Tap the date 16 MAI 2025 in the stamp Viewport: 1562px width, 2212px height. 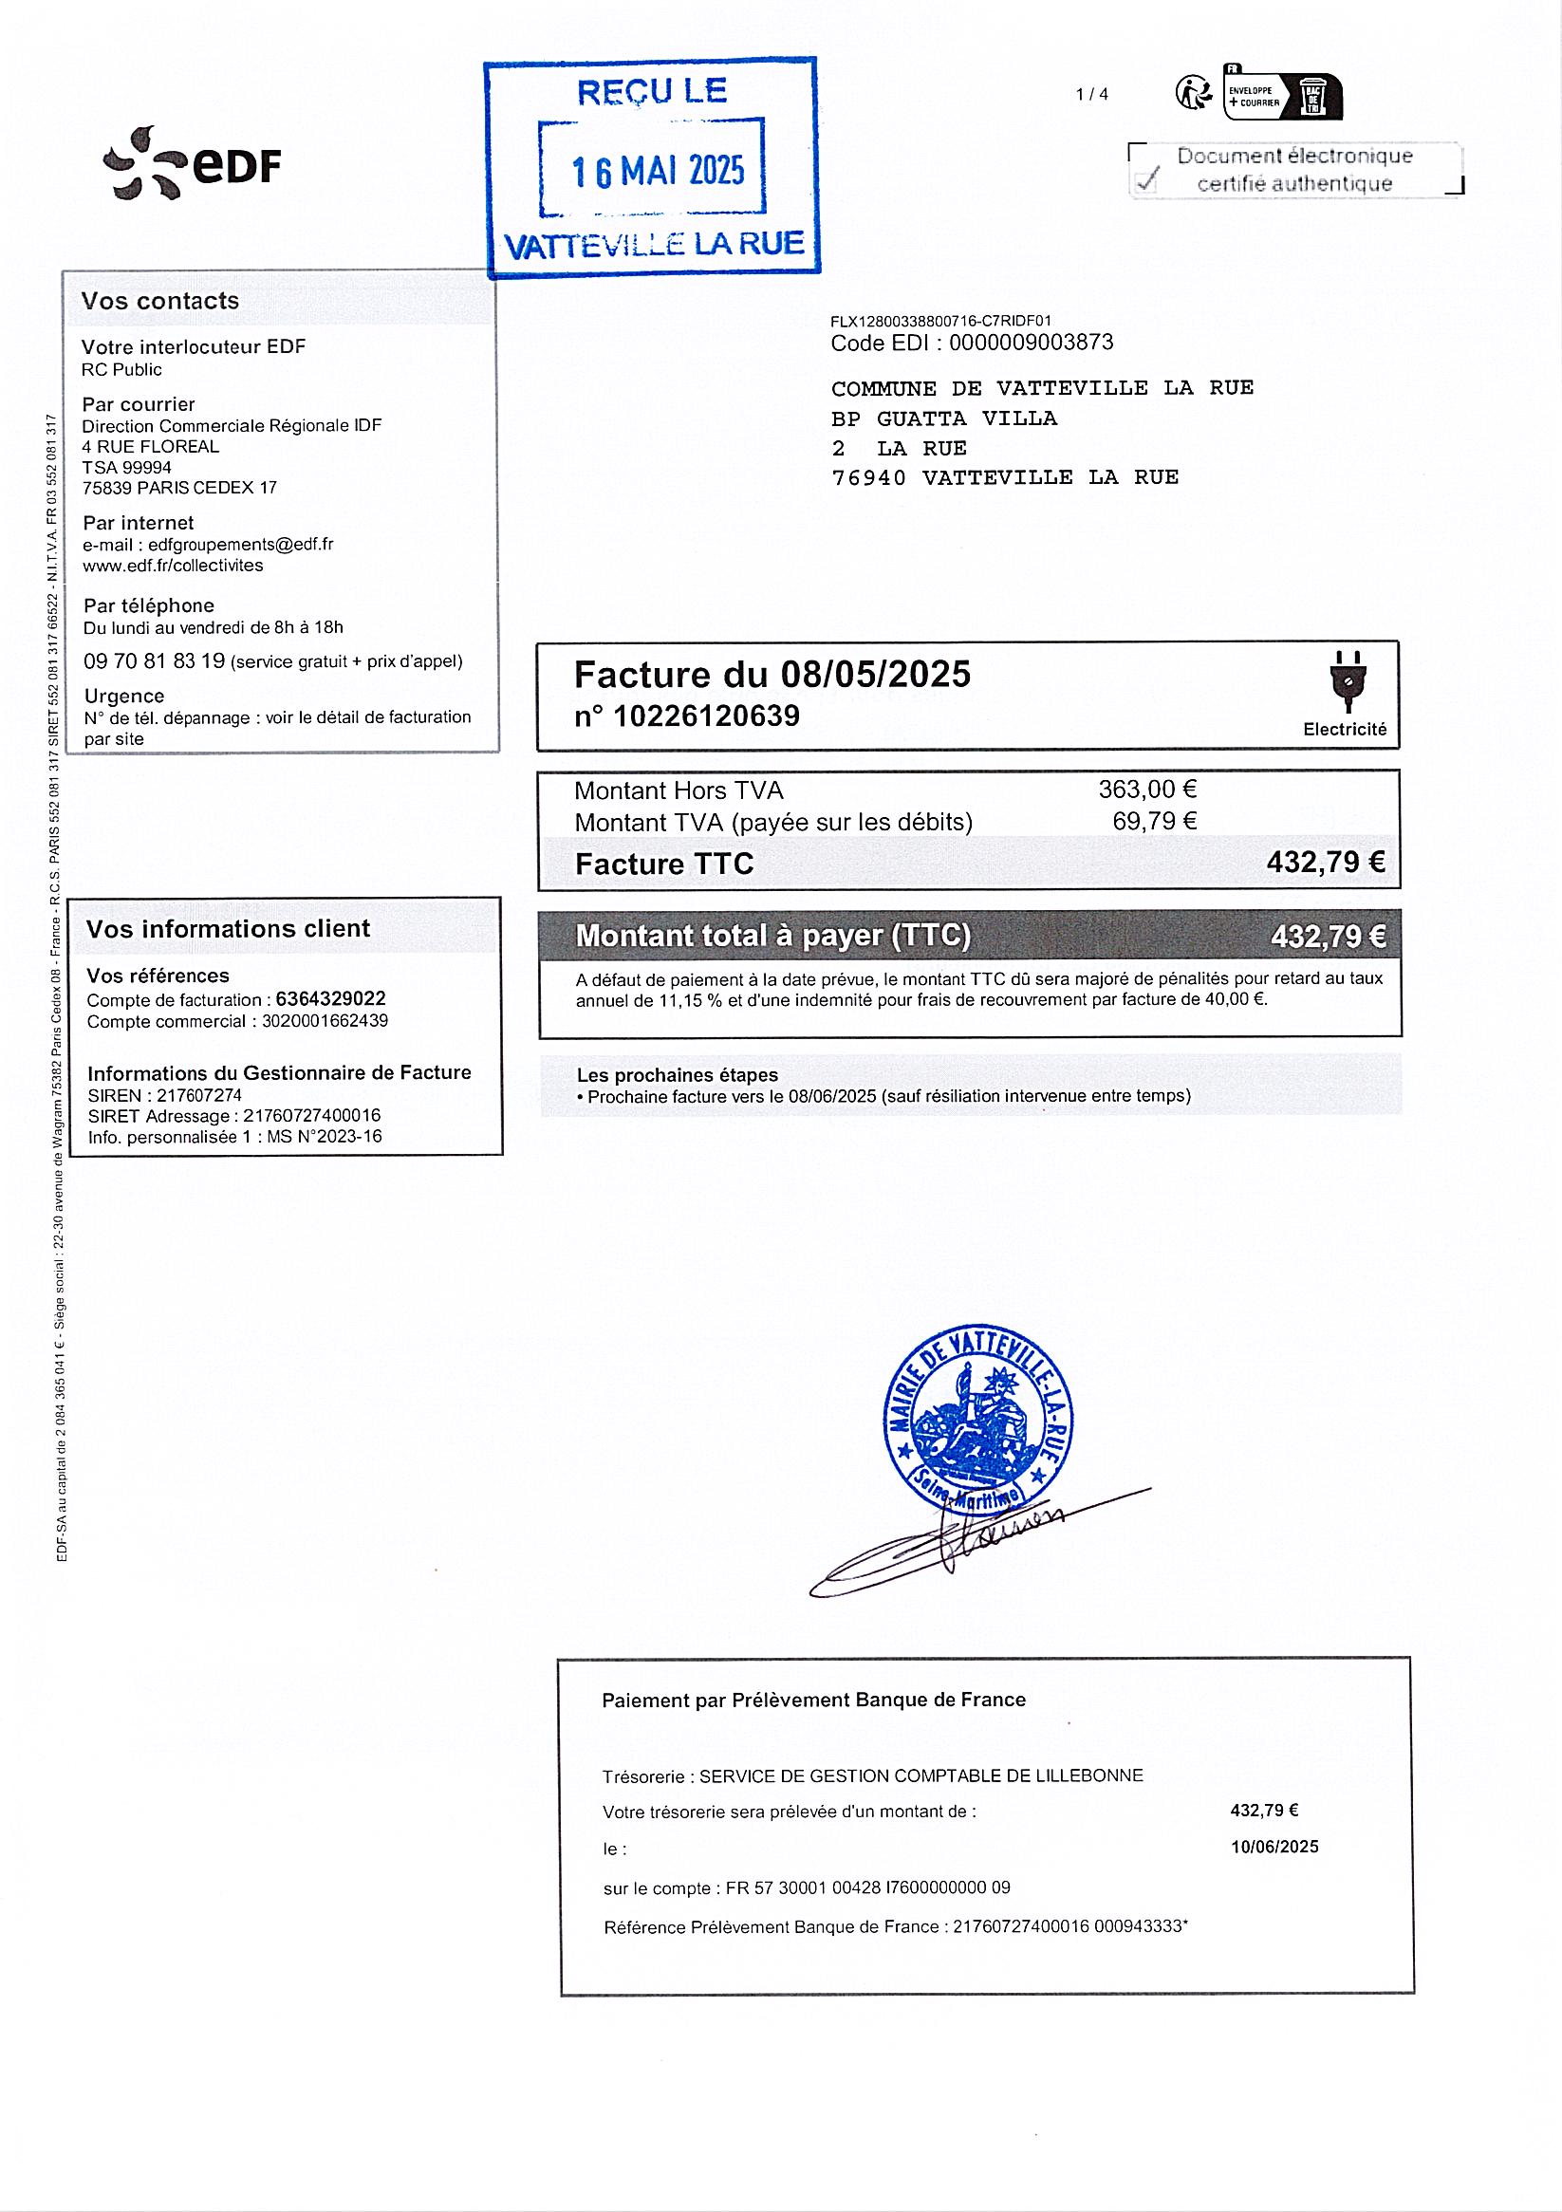[x=659, y=172]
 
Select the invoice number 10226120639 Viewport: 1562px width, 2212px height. [x=706, y=716]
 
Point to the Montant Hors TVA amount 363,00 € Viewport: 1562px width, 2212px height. [x=1146, y=790]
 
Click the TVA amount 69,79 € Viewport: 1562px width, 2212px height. [x=1154, y=822]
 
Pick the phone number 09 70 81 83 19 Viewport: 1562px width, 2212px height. [x=154, y=660]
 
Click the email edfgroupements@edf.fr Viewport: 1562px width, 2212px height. [x=241, y=545]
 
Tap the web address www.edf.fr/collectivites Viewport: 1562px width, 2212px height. [x=173, y=566]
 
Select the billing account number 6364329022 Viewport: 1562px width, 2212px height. [x=330, y=999]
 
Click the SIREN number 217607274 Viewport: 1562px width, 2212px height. [x=193, y=1095]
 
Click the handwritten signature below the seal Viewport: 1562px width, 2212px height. [x=963, y=1540]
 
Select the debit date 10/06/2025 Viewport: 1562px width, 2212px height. [x=1274, y=1847]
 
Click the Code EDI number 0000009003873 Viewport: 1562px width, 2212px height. [x=1032, y=343]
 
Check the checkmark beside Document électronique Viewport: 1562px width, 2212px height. [x=1146, y=179]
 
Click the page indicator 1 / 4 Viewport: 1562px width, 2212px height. [x=1091, y=94]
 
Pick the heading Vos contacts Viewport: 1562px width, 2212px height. [x=160, y=302]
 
